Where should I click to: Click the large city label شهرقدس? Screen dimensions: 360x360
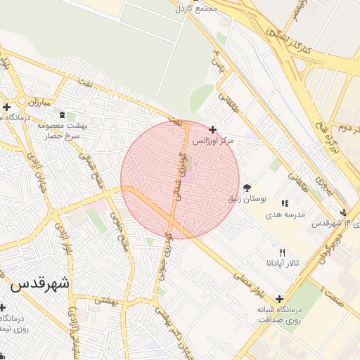point(41,285)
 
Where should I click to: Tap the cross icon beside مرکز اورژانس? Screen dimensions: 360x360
point(213,129)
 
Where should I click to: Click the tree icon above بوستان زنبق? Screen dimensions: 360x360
point(247,188)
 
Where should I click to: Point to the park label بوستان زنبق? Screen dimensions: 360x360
point(246,200)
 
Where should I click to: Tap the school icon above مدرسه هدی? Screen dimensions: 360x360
point(285,203)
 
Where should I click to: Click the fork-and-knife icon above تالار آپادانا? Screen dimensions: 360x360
point(283,252)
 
